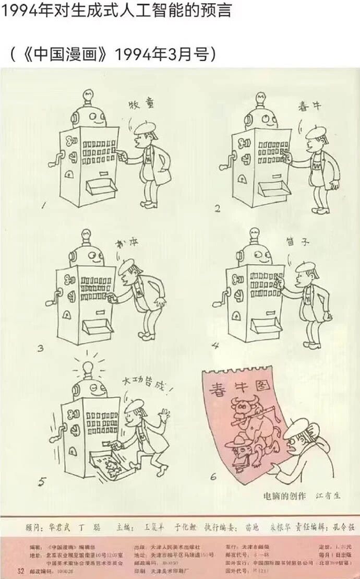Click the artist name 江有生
coord(328,495)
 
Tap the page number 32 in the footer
coord(21,570)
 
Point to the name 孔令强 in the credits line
coord(342,527)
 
